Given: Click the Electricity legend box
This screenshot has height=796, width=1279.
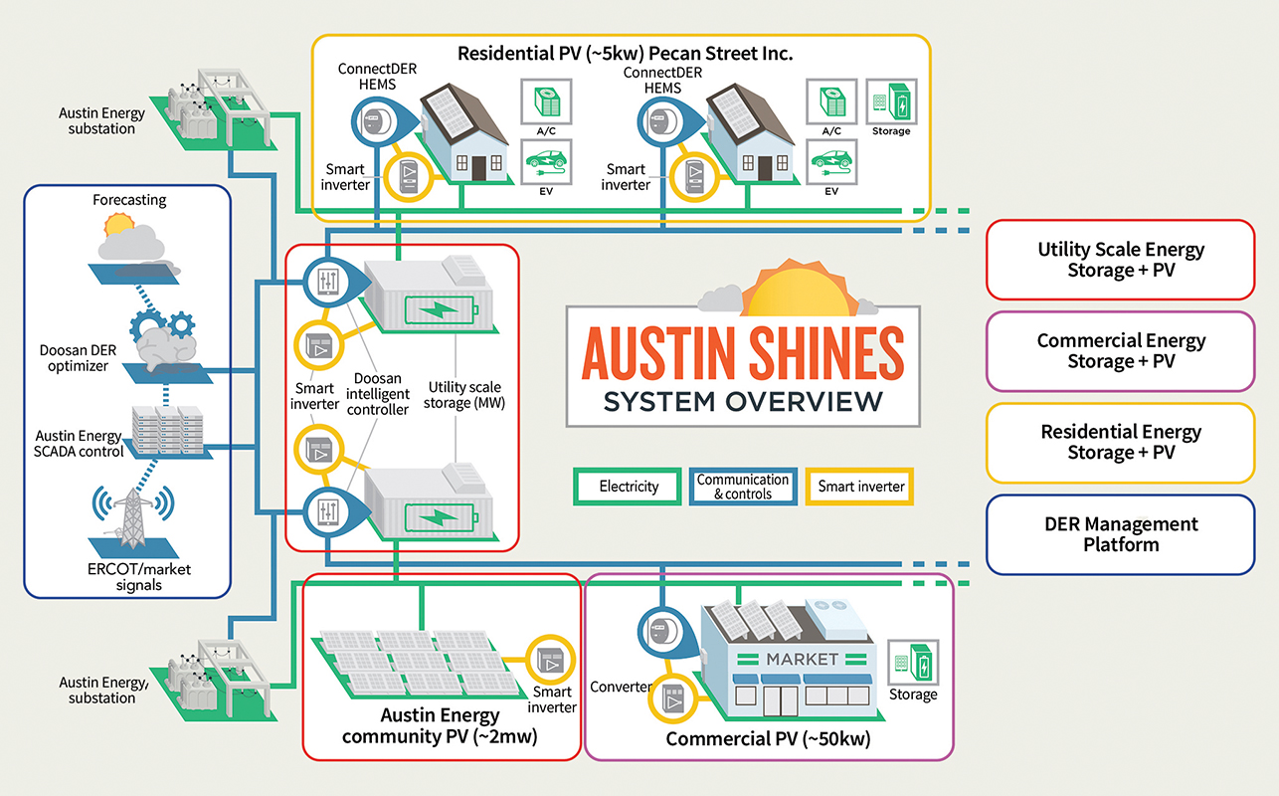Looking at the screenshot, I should coord(629,487).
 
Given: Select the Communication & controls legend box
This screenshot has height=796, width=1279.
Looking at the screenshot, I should coord(743,487).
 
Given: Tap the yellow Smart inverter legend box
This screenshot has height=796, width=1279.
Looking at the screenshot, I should coord(860,487).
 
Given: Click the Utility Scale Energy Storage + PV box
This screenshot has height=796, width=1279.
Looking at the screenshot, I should coord(1120,261).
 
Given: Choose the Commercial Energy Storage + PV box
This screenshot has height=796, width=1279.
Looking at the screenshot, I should coord(1120,350).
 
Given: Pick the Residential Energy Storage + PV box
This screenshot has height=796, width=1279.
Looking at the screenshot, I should coord(1120,442).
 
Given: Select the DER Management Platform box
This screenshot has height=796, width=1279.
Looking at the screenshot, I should coord(1120,534).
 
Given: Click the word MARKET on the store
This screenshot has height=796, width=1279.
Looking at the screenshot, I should coord(802,659).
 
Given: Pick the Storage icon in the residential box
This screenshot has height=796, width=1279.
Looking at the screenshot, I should coord(891,101).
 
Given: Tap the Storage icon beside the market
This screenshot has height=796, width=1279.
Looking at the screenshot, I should coord(912,662).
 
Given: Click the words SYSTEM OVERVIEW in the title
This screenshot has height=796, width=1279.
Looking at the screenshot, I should coord(743,401).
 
